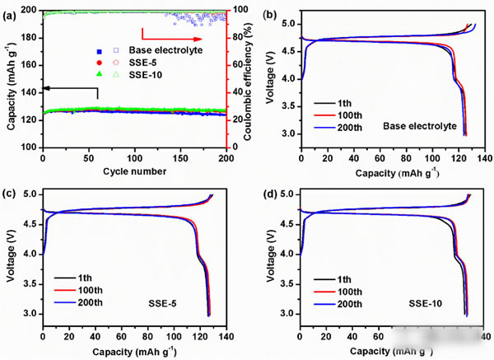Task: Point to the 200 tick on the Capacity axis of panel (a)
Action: click(x=30, y=10)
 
